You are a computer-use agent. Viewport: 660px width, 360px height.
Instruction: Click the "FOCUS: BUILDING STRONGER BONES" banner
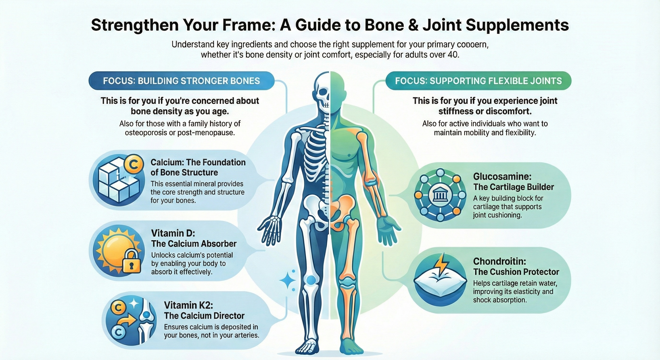[x=181, y=81]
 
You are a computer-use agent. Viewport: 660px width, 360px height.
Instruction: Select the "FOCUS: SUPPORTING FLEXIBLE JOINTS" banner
[x=478, y=81]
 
